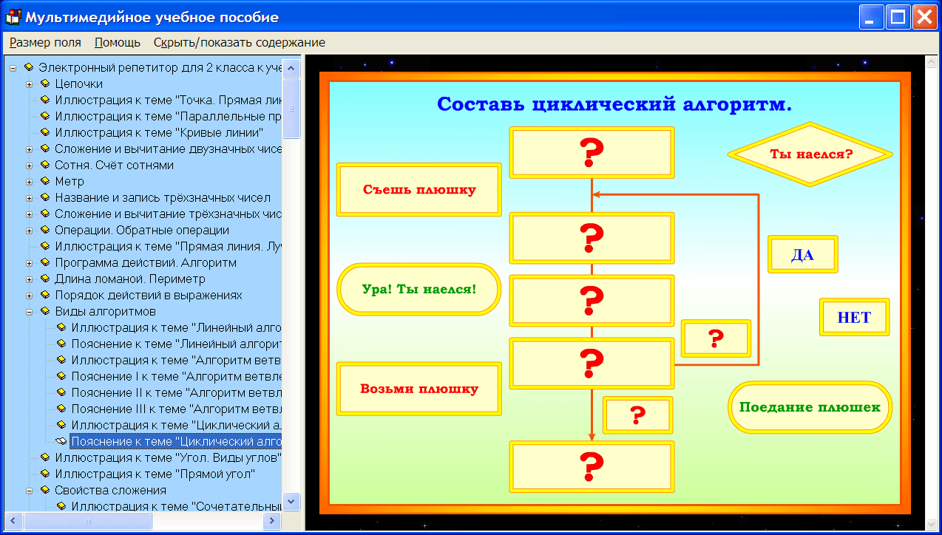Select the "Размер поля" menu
45,43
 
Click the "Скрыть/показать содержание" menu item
239,43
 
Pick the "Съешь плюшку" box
419,190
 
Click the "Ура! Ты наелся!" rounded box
419,289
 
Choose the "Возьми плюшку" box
419,389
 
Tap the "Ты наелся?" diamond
810,155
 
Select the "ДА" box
802,255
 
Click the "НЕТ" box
854,318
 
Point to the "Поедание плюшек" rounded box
810,407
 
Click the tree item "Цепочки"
78,84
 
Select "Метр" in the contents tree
70,181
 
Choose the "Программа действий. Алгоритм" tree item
146,262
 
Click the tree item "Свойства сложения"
110,490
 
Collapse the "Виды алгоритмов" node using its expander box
30,311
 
